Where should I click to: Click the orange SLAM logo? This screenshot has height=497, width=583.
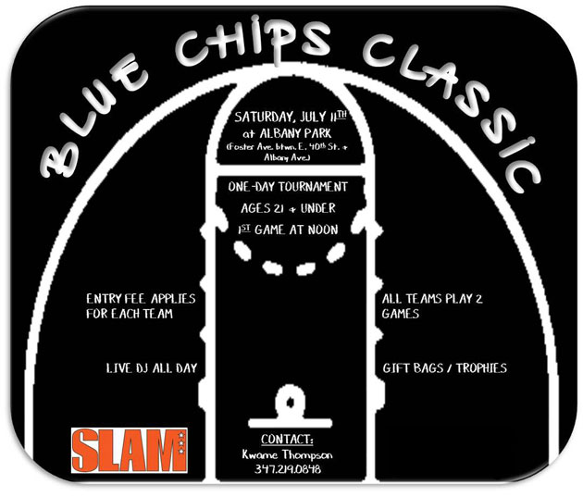(129, 450)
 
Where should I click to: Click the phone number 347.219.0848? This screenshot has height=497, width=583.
(288, 468)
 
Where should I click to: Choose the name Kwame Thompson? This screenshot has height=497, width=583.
(288, 454)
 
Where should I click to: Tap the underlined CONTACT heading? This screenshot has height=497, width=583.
(287, 440)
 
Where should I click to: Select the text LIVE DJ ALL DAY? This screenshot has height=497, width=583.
(152, 368)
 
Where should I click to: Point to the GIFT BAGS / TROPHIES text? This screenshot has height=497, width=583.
(445, 368)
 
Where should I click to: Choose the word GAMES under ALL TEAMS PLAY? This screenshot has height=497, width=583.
(401, 314)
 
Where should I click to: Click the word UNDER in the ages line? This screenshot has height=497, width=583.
(318, 208)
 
